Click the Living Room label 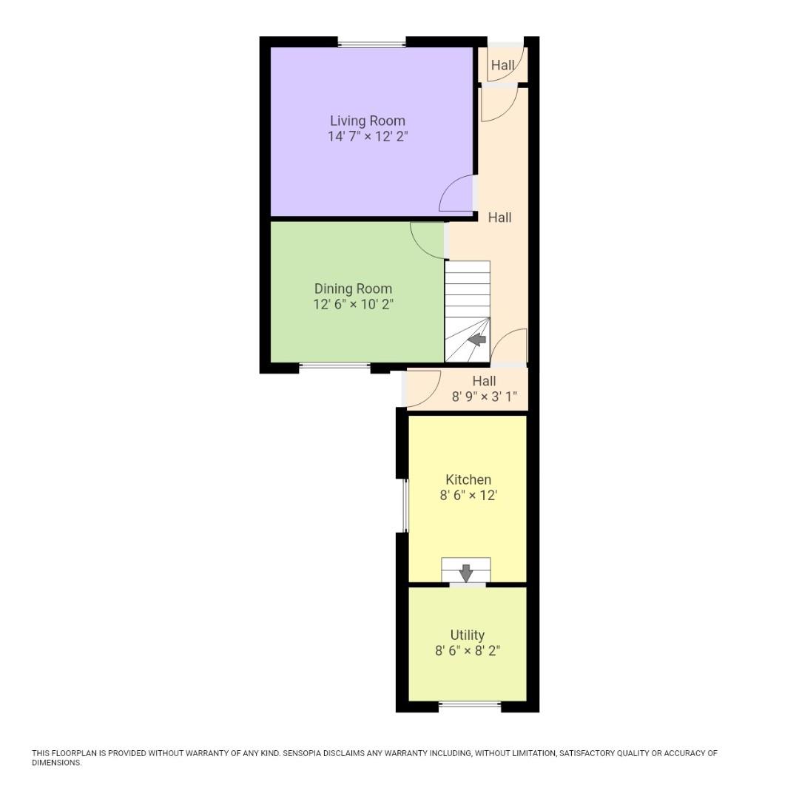pos(368,121)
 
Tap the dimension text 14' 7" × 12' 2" pos(368,136)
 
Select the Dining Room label pos(353,289)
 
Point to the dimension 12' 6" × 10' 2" pos(353,303)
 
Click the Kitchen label pos(468,479)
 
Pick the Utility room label pos(468,635)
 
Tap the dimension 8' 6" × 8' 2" pos(468,651)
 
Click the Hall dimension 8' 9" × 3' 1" pos(489,397)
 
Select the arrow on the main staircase pos(477,340)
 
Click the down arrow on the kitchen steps pos(466,572)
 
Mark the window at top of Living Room pos(372,44)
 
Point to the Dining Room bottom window pos(335,365)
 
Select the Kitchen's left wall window pos(405,505)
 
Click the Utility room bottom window pos(470,705)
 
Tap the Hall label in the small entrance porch pos(502,66)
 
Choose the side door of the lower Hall pos(419,391)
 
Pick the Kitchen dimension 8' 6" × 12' pos(468,496)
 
